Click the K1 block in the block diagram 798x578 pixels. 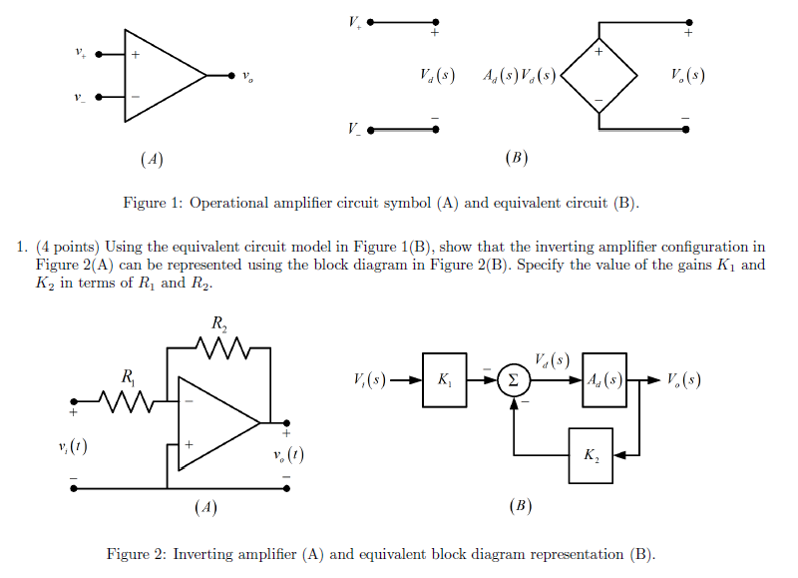(444, 380)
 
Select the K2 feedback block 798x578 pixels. (591, 454)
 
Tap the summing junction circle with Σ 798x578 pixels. (513, 380)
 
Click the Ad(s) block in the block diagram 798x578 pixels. (605, 379)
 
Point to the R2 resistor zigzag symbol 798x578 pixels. (217, 347)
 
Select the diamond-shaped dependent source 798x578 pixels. (598, 76)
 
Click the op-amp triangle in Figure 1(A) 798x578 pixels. (160, 75)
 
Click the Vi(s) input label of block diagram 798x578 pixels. (370, 380)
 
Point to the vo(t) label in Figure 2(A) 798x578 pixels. (287, 455)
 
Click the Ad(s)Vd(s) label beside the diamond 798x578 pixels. (518, 76)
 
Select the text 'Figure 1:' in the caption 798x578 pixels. (152, 203)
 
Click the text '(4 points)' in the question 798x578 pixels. (67, 247)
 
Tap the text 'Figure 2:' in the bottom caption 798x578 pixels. (136, 554)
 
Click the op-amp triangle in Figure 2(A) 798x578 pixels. (214, 423)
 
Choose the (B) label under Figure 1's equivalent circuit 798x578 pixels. (516, 158)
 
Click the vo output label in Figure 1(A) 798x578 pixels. (246, 76)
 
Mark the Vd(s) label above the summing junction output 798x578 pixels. (552, 359)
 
